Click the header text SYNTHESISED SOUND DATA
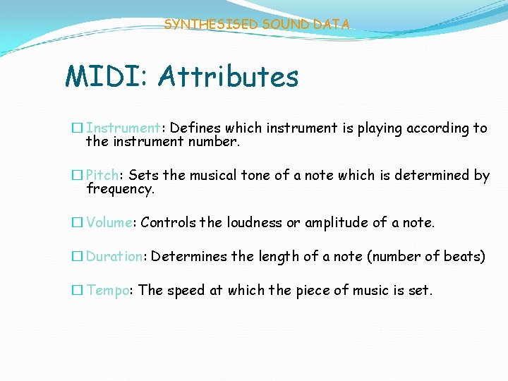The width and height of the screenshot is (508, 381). pyautogui.click(x=257, y=24)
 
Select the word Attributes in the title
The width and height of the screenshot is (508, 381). pyautogui.click(x=229, y=76)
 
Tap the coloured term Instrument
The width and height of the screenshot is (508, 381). pyautogui.click(x=123, y=128)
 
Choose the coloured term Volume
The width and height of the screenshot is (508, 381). pyautogui.click(x=109, y=223)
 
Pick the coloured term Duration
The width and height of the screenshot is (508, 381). pyautogui.click(x=114, y=257)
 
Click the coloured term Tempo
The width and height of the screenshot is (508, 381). pyautogui.click(x=108, y=290)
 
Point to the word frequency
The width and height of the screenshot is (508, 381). pyautogui.click(x=120, y=189)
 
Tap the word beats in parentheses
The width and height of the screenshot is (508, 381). pyautogui.click(x=461, y=257)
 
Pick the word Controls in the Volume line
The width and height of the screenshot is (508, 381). pyautogui.click(x=168, y=223)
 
